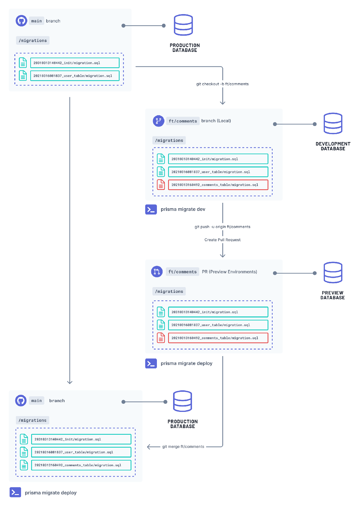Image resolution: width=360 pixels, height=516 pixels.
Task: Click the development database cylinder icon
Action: (333, 123)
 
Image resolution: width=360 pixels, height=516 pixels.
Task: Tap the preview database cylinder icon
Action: (333, 272)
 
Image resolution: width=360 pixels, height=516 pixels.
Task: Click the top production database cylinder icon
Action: (183, 25)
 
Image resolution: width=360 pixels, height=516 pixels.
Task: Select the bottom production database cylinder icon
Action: (183, 401)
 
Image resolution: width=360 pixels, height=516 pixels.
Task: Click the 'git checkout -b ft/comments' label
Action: (222, 84)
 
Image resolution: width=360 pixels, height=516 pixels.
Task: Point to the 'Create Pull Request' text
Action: (222, 240)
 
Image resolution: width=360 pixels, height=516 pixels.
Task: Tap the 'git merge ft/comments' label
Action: (183, 447)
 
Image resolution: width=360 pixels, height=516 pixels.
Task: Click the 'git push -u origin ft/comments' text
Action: (222, 227)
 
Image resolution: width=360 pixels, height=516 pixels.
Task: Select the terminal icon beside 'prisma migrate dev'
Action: (151, 209)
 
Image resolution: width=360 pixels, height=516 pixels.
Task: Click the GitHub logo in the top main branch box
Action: (21, 21)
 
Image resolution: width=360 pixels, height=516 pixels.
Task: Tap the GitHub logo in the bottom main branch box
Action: (21, 400)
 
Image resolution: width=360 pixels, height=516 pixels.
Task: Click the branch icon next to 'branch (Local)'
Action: (158, 121)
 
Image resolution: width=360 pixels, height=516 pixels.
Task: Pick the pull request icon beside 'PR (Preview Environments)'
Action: (157, 272)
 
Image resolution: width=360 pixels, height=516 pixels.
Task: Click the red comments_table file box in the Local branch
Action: (218, 185)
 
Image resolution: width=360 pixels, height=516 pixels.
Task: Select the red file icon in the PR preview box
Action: (161, 338)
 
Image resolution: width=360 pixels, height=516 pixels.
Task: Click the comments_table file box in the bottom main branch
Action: (81, 465)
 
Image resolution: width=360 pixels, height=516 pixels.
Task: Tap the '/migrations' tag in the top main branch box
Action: (33, 40)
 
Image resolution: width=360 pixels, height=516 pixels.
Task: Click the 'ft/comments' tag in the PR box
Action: (182, 272)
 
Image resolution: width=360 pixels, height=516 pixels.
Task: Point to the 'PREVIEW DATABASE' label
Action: (332, 295)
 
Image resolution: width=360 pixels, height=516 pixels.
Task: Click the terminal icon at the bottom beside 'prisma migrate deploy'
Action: (15, 492)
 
